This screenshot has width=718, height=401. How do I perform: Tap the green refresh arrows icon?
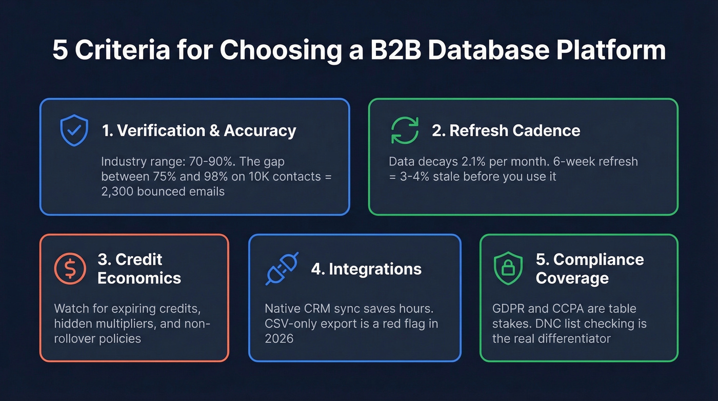405,130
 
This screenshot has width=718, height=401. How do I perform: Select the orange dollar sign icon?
70,269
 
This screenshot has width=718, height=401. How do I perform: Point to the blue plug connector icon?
282,269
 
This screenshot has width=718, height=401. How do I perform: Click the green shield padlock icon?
508,269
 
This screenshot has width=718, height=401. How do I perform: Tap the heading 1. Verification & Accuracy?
199,130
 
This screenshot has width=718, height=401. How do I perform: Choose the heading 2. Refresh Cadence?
506,130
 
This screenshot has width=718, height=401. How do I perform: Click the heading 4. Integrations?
366,269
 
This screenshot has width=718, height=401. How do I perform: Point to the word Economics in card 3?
139,278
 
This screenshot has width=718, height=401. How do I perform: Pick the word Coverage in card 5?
572,278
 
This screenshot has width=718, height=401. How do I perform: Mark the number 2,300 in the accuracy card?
122,192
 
